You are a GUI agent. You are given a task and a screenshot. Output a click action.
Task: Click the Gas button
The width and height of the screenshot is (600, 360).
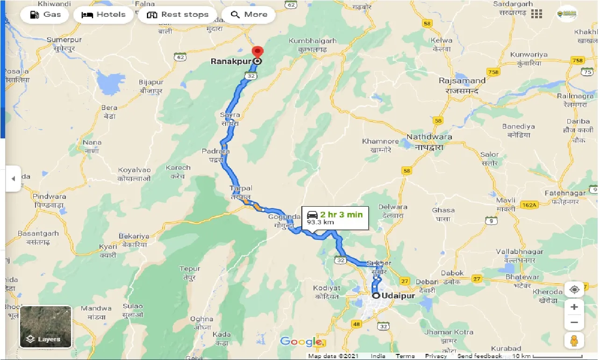click(x=46, y=14)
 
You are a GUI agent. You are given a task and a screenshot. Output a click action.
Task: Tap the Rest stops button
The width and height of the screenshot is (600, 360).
click(x=177, y=14)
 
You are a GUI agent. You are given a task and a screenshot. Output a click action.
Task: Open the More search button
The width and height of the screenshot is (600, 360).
click(x=248, y=14)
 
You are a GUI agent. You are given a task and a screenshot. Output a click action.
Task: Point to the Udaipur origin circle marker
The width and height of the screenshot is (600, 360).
click(x=376, y=295)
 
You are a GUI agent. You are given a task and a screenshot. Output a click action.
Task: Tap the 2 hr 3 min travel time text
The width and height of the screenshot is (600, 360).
click(x=341, y=215)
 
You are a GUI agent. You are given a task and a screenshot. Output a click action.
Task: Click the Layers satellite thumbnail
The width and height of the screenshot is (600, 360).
click(x=45, y=327)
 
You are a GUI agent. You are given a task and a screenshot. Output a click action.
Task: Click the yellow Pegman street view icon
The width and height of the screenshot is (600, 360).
click(x=574, y=340)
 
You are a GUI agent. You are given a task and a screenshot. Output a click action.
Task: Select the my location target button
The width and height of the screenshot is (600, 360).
click(x=574, y=289)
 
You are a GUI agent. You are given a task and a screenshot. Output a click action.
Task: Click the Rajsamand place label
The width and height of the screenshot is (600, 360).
click(x=462, y=80)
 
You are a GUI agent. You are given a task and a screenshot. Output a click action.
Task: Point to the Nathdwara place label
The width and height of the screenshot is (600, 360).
click(x=429, y=137)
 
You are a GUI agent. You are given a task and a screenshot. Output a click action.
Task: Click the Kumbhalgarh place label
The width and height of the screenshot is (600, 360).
click(x=312, y=41)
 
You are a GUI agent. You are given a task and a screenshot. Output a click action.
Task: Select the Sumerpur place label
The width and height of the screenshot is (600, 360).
click(x=64, y=40)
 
